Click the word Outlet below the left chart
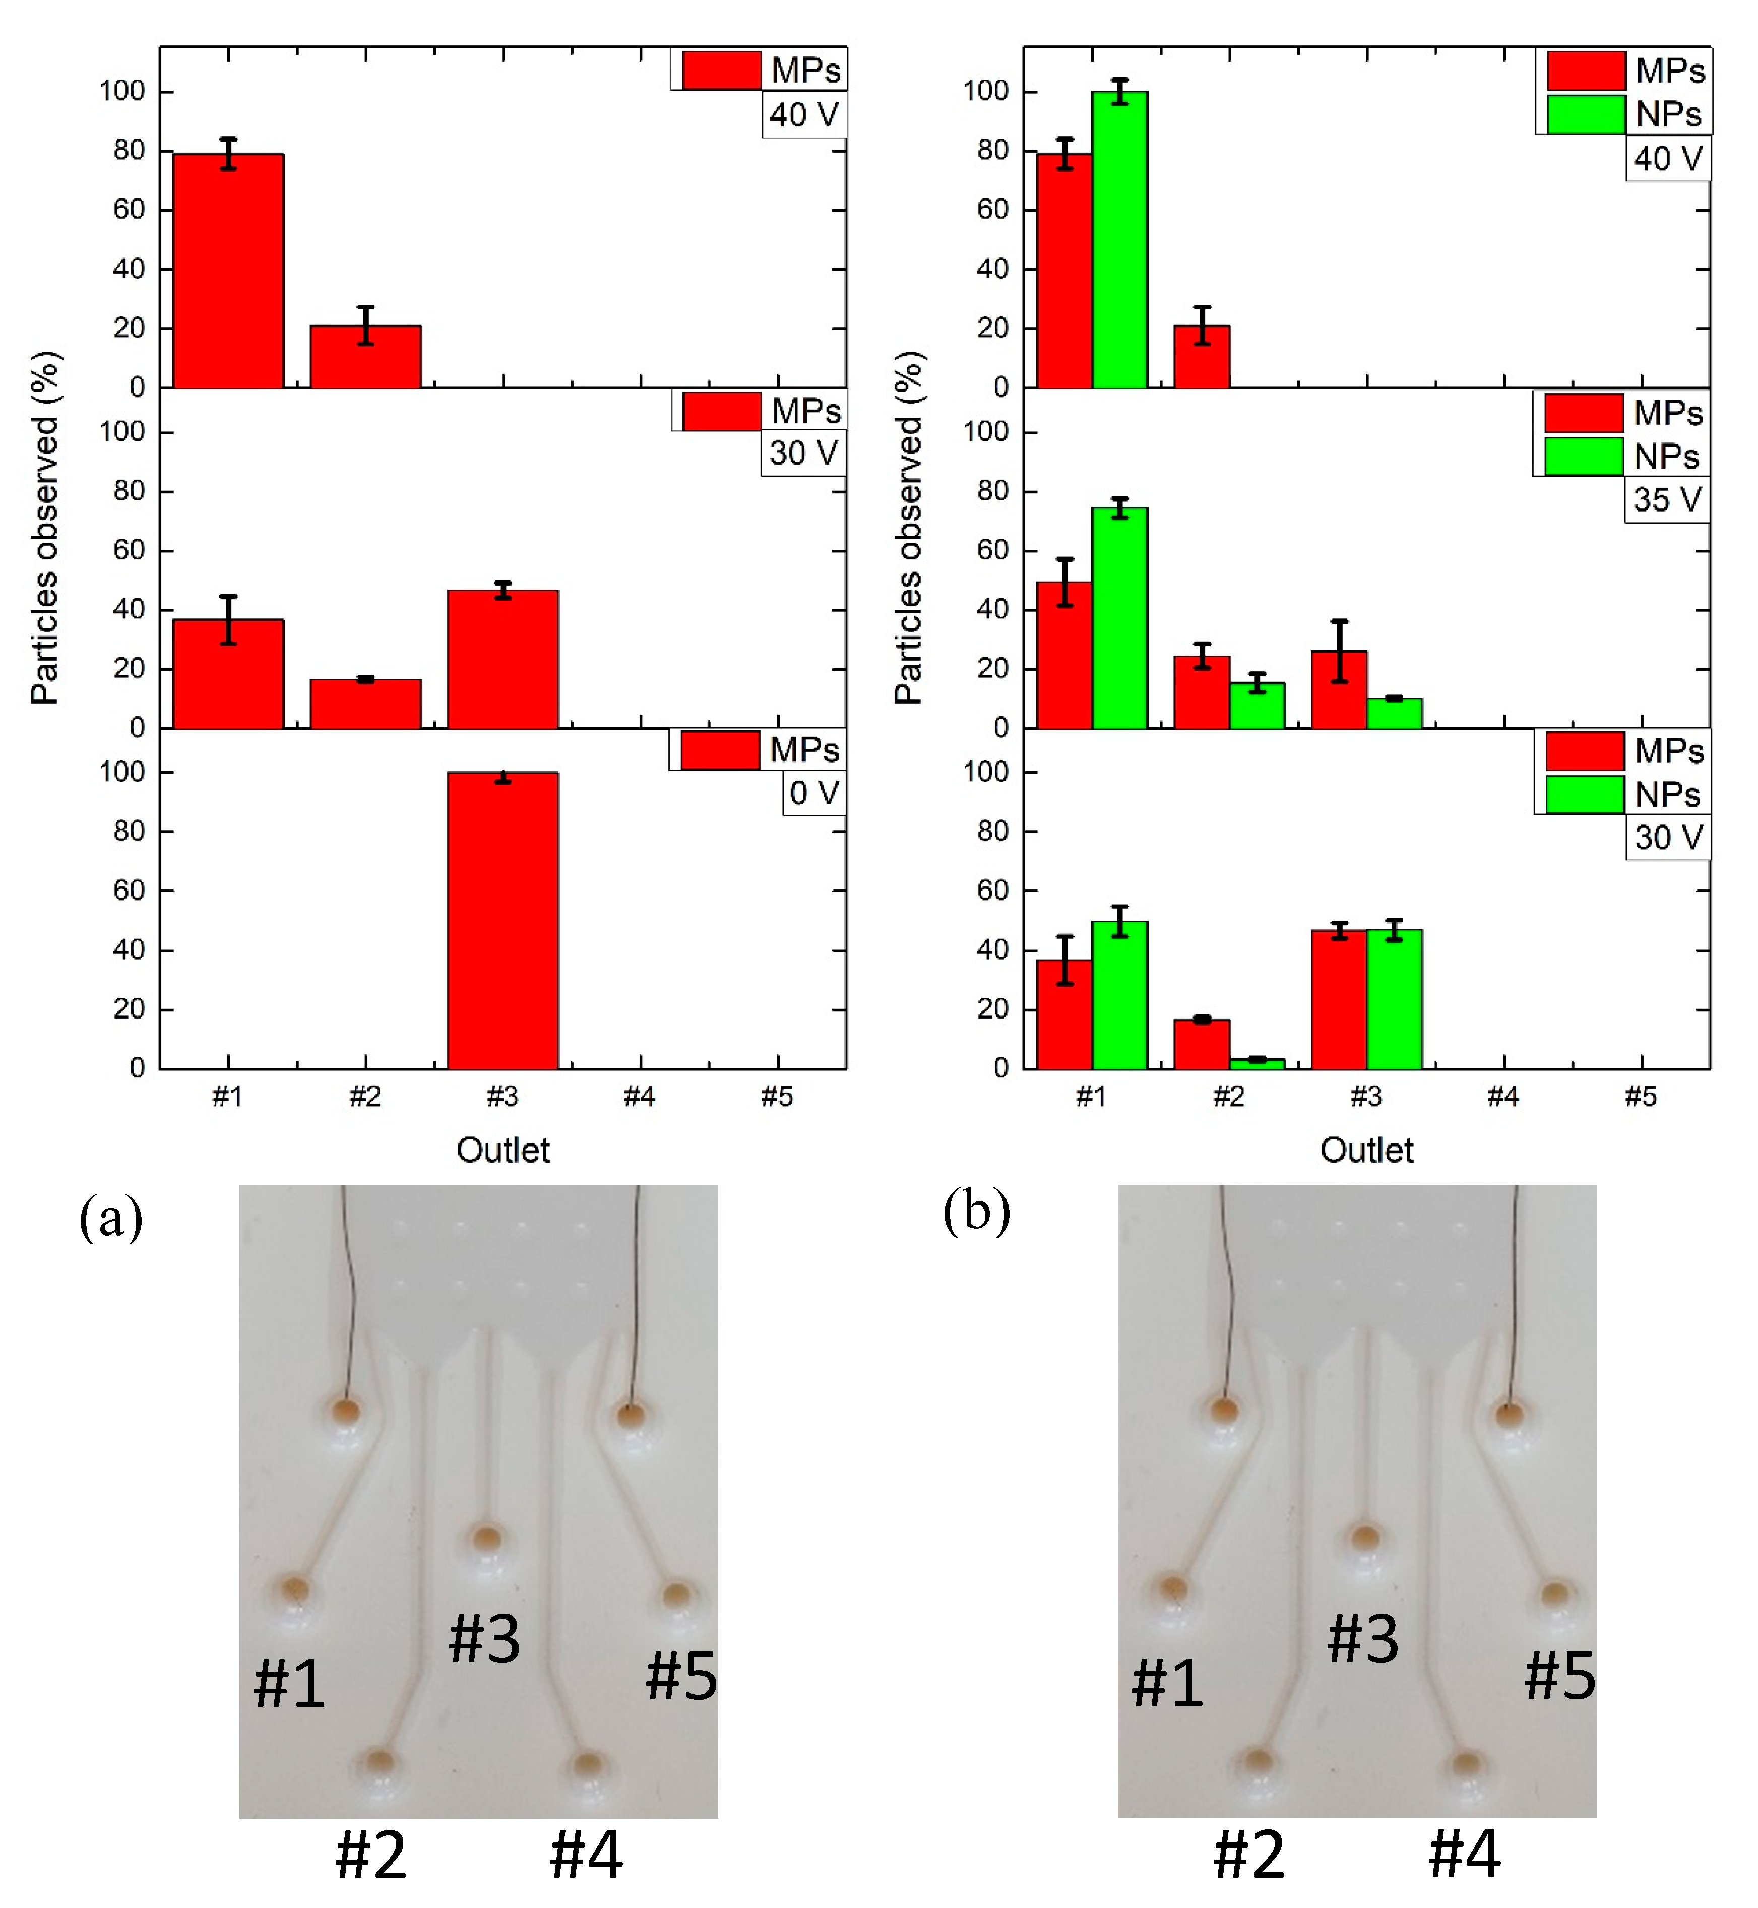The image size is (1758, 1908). click(503, 1151)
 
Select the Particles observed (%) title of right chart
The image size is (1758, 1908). click(909, 528)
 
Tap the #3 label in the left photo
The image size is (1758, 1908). click(484, 1639)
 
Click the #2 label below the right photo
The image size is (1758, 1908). click(1249, 1855)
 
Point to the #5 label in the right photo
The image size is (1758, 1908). click(1559, 1676)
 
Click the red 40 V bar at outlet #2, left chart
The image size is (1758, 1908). click(365, 357)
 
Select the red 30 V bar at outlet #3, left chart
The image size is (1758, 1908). click(503, 659)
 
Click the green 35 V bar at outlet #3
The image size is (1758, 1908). click(1395, 714)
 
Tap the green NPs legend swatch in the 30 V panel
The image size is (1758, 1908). click(1584, 794)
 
